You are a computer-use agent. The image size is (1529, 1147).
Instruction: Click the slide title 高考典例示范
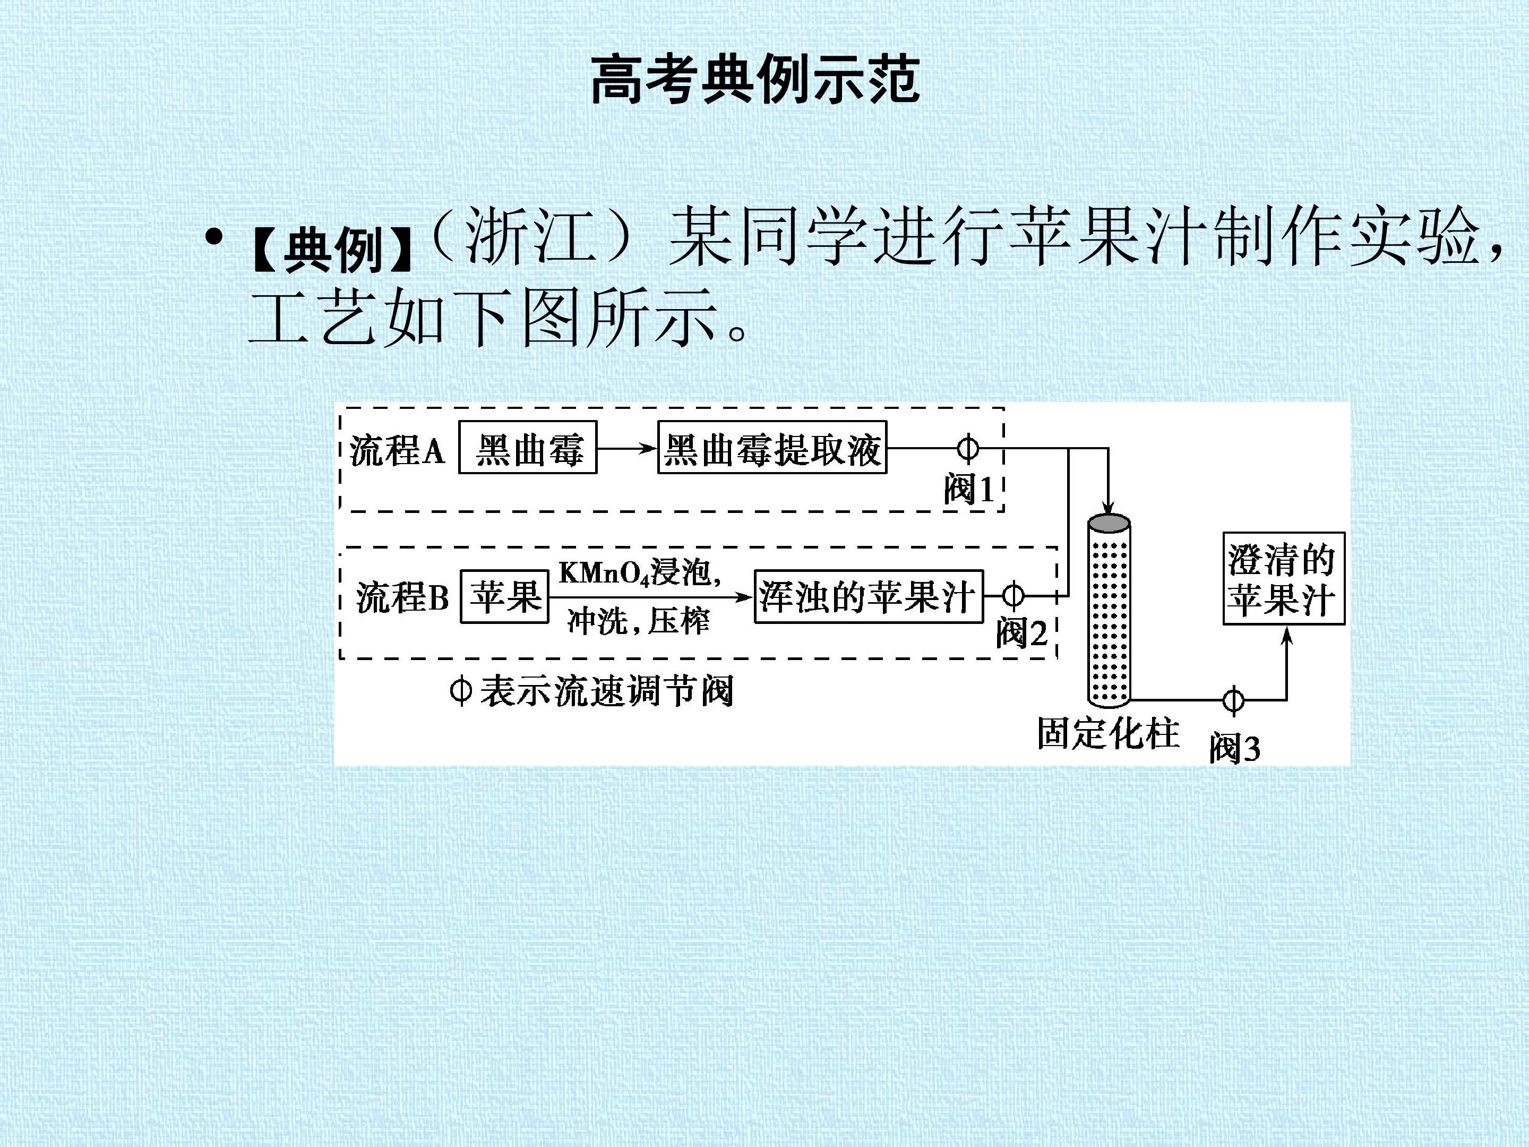point(755,80)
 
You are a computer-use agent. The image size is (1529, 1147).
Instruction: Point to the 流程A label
point(397,451)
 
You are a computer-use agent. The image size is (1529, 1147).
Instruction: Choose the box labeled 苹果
point(504,596)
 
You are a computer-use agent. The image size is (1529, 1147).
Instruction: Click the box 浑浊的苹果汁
point(868,596)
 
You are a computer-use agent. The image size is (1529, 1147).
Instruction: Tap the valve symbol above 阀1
point(968,448)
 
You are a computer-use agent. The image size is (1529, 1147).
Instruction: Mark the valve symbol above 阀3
point(1233,700)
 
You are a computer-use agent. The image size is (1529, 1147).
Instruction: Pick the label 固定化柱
point(1107,733)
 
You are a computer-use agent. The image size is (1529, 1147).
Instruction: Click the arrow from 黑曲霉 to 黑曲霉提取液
point(627,448)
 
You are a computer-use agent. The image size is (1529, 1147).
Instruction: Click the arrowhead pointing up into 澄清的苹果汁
point(1286,635)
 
